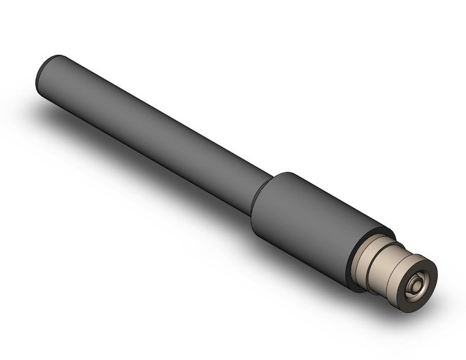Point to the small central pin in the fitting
point(419,285)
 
